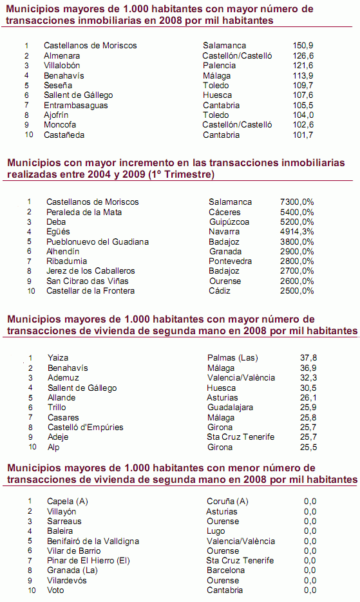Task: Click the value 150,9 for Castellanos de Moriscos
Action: point(303,46)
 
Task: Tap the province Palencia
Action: point(219,66)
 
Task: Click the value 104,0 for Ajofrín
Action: point(303,115)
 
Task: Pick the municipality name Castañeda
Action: point(64,135)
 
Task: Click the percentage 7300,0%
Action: point(298,202)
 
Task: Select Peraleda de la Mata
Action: point(84,212)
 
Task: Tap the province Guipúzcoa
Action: point(231,221)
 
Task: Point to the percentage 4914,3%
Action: point(298,232)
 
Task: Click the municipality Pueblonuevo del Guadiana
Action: point(97,241)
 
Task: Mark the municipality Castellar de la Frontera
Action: point(91,291)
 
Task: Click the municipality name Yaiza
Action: point(58,358)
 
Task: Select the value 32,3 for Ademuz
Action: point(309,378)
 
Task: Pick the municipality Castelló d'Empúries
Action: point(86,427)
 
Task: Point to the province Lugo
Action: point(216,531)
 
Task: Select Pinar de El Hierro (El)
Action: point(89,561)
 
